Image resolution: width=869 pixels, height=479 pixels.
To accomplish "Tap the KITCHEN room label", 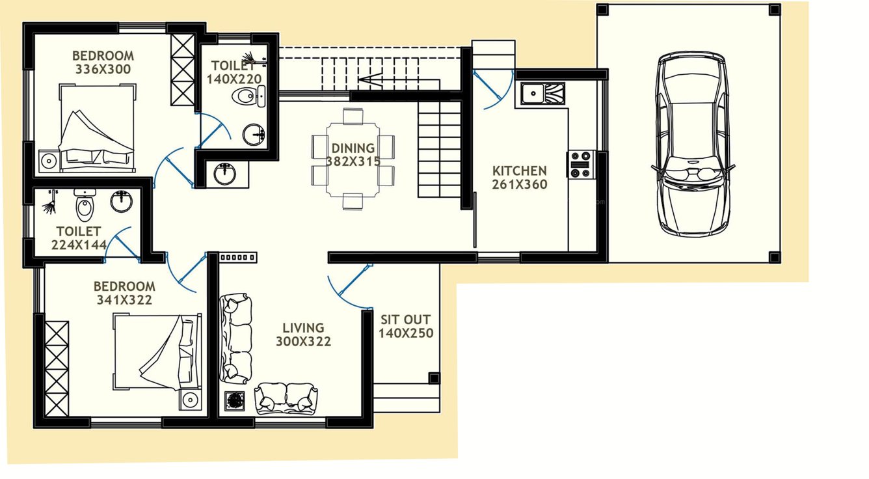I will pyautogui.click(x=519, y=171).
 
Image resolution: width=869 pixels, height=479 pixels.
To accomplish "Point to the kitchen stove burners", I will pyautogui.click(x=580, y=164).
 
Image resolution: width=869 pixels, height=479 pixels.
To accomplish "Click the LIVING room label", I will pyautogui.click(x=302, y=328).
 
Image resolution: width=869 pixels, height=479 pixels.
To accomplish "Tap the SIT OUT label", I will pyautogui.click(x=405, y=320).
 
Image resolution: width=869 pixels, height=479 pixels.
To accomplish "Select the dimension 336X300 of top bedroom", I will pyautogui.click(x=103, y=69).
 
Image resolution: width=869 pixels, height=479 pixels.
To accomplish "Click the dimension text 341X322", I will pyautogui.click(x=124, y=300).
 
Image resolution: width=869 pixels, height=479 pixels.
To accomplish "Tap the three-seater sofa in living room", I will pyautogui.click(x=235, y=338).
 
